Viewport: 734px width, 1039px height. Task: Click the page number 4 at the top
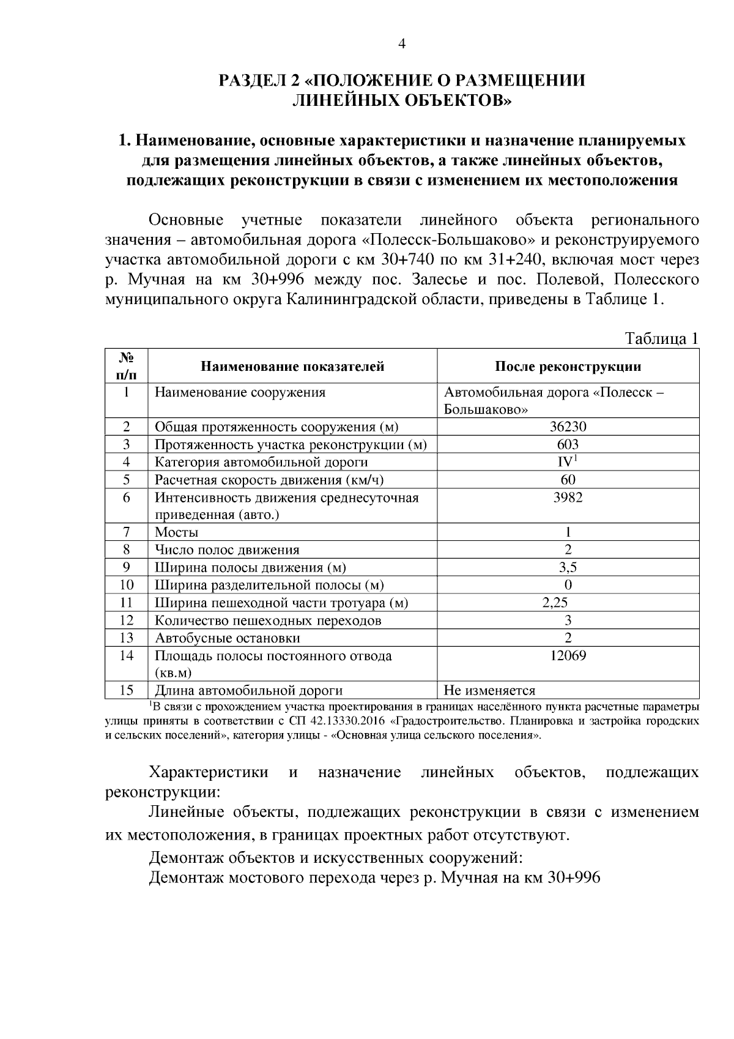coord(402,43)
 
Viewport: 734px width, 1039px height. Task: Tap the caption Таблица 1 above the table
coord(661,339)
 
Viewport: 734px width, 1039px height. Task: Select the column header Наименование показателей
coord(292,367)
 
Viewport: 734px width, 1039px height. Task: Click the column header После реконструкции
coord(568,367)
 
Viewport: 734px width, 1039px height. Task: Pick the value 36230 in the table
coord(568,427)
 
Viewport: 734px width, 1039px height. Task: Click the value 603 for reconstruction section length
coord(568,445)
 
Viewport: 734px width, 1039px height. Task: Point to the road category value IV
coord(566,463)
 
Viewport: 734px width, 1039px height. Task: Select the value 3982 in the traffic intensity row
coord(568,498)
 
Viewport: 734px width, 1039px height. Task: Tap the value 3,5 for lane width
coord(568,568)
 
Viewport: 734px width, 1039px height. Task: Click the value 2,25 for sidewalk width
coord(555,603)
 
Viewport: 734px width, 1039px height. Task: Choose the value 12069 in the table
coord(568,657)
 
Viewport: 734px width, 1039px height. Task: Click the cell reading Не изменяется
coord(489,691)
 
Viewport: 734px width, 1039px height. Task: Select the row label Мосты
coord(177,533)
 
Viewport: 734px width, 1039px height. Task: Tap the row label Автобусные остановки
coord(228,639)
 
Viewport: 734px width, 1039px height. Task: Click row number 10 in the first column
coord(127,586)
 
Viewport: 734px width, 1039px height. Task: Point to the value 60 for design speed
coord(568,480)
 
